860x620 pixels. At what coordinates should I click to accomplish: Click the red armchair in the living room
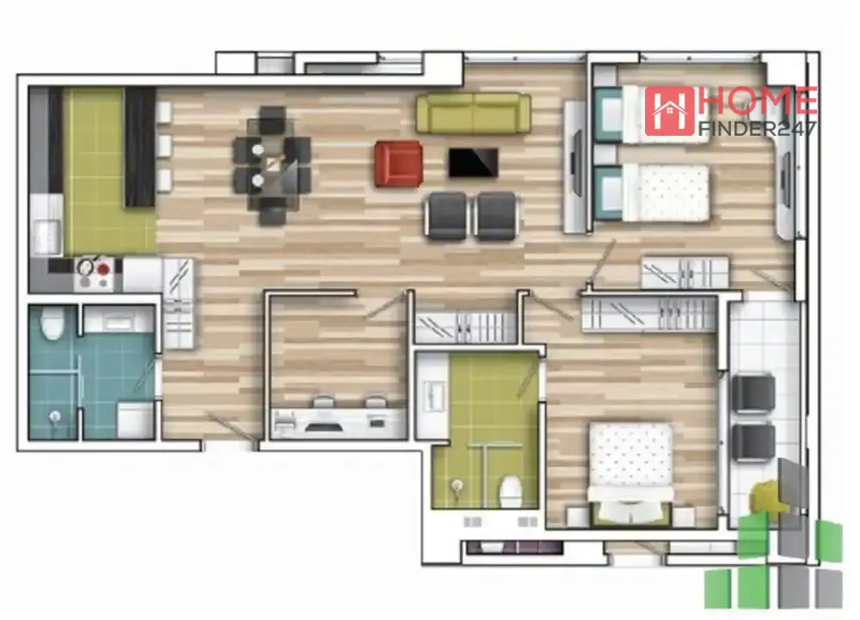(x=399, y=163)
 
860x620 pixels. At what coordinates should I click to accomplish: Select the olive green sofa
(x=473, y=113)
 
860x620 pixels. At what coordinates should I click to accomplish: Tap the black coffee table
(x=473, y=163)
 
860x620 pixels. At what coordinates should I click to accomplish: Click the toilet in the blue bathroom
(x=52, y=322)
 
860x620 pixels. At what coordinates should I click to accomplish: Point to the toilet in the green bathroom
(x=511, y=492)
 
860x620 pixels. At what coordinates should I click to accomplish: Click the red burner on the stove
(x=103, y=268)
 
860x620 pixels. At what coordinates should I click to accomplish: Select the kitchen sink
(x=47, y=236)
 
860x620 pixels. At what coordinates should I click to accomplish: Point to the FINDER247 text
(x=757, y=128)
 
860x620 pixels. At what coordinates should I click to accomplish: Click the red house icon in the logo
(x=669, y=111)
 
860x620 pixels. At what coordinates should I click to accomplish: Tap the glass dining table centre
(x=272, y=165)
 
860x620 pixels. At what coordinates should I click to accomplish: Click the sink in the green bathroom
(x=433, y=395)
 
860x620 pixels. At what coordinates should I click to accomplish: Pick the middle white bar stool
(x=164, y=146)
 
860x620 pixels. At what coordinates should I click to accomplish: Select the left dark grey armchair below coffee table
(x=446, y=216)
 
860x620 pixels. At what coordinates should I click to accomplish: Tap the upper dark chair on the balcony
(x=753, y=392)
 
